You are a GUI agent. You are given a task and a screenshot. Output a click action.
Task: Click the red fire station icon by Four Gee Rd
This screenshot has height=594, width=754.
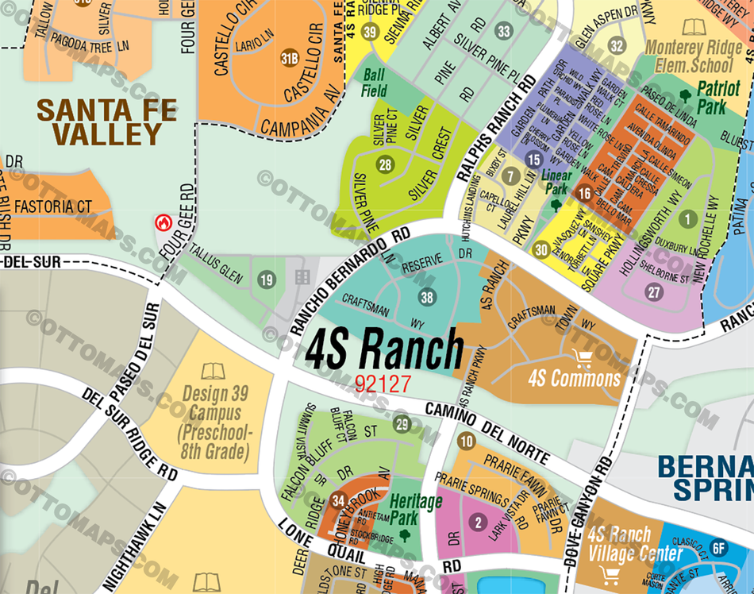[164, 222]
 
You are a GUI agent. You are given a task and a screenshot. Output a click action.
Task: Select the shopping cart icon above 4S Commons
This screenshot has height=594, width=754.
[582, 359]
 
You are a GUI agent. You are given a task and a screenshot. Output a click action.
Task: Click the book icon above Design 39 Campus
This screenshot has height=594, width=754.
[213, 371]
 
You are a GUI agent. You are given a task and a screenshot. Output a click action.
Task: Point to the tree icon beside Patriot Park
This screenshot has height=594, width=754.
[685, 96]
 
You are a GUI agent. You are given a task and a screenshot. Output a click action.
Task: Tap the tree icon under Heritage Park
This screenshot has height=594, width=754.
[405, 534]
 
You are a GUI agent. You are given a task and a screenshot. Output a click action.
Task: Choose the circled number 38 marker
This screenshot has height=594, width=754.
[428, 298]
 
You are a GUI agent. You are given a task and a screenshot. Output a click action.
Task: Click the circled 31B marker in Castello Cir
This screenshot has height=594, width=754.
[290, 58]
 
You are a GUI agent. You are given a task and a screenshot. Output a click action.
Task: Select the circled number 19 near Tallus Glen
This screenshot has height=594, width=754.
[267, 280]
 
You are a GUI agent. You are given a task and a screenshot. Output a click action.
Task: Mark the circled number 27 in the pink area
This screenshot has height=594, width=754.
[654, 291]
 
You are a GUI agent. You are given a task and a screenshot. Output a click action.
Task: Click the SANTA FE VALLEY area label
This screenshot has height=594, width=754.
[106, 121]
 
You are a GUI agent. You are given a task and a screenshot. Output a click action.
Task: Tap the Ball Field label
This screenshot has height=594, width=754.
[375, 82]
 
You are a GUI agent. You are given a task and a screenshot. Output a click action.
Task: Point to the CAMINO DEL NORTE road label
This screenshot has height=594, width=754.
[487, 433]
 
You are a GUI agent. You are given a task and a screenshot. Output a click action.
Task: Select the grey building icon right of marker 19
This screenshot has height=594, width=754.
[302, 277]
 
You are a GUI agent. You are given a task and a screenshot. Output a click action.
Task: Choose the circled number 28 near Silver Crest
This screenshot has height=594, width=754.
[386, 165]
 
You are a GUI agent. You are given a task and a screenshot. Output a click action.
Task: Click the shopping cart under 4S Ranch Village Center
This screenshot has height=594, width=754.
[610, 575]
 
